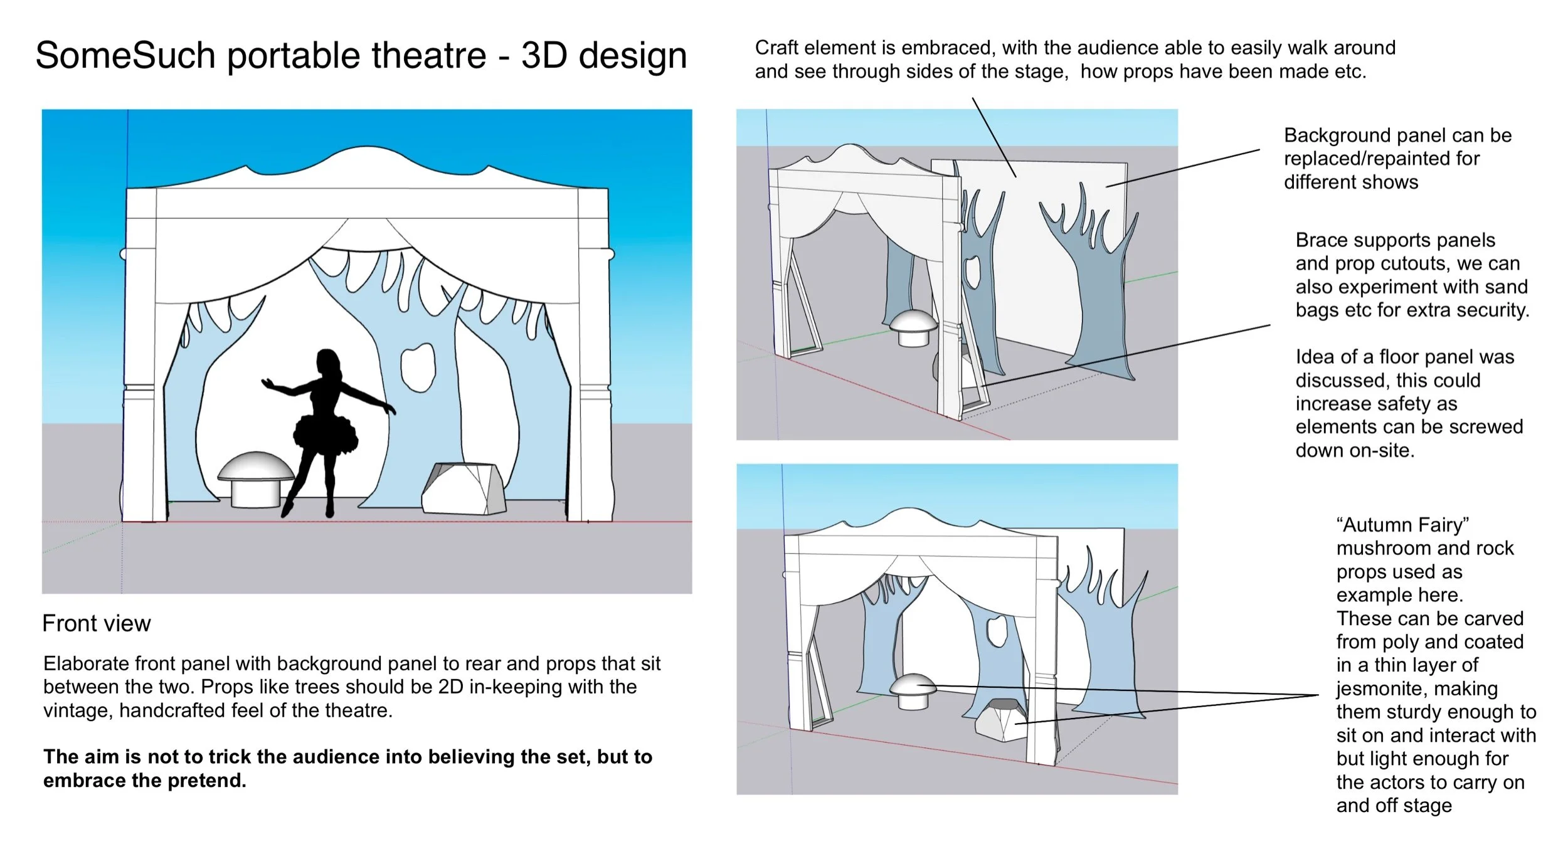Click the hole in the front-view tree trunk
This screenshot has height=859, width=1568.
click(x=418, y=367)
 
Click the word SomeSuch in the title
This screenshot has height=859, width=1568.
click(x=125, y=55)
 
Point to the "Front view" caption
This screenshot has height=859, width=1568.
click(x=97, y=623)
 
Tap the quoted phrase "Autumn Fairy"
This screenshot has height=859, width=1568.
click(x=1402, y=524)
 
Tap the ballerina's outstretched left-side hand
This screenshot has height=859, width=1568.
click(x=267, y=382)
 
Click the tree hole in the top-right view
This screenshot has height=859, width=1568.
click(x=972, y=270)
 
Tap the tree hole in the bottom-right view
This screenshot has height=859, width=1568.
click(x=995, y=630)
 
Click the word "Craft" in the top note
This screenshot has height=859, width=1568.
click(x=776, y=48)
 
